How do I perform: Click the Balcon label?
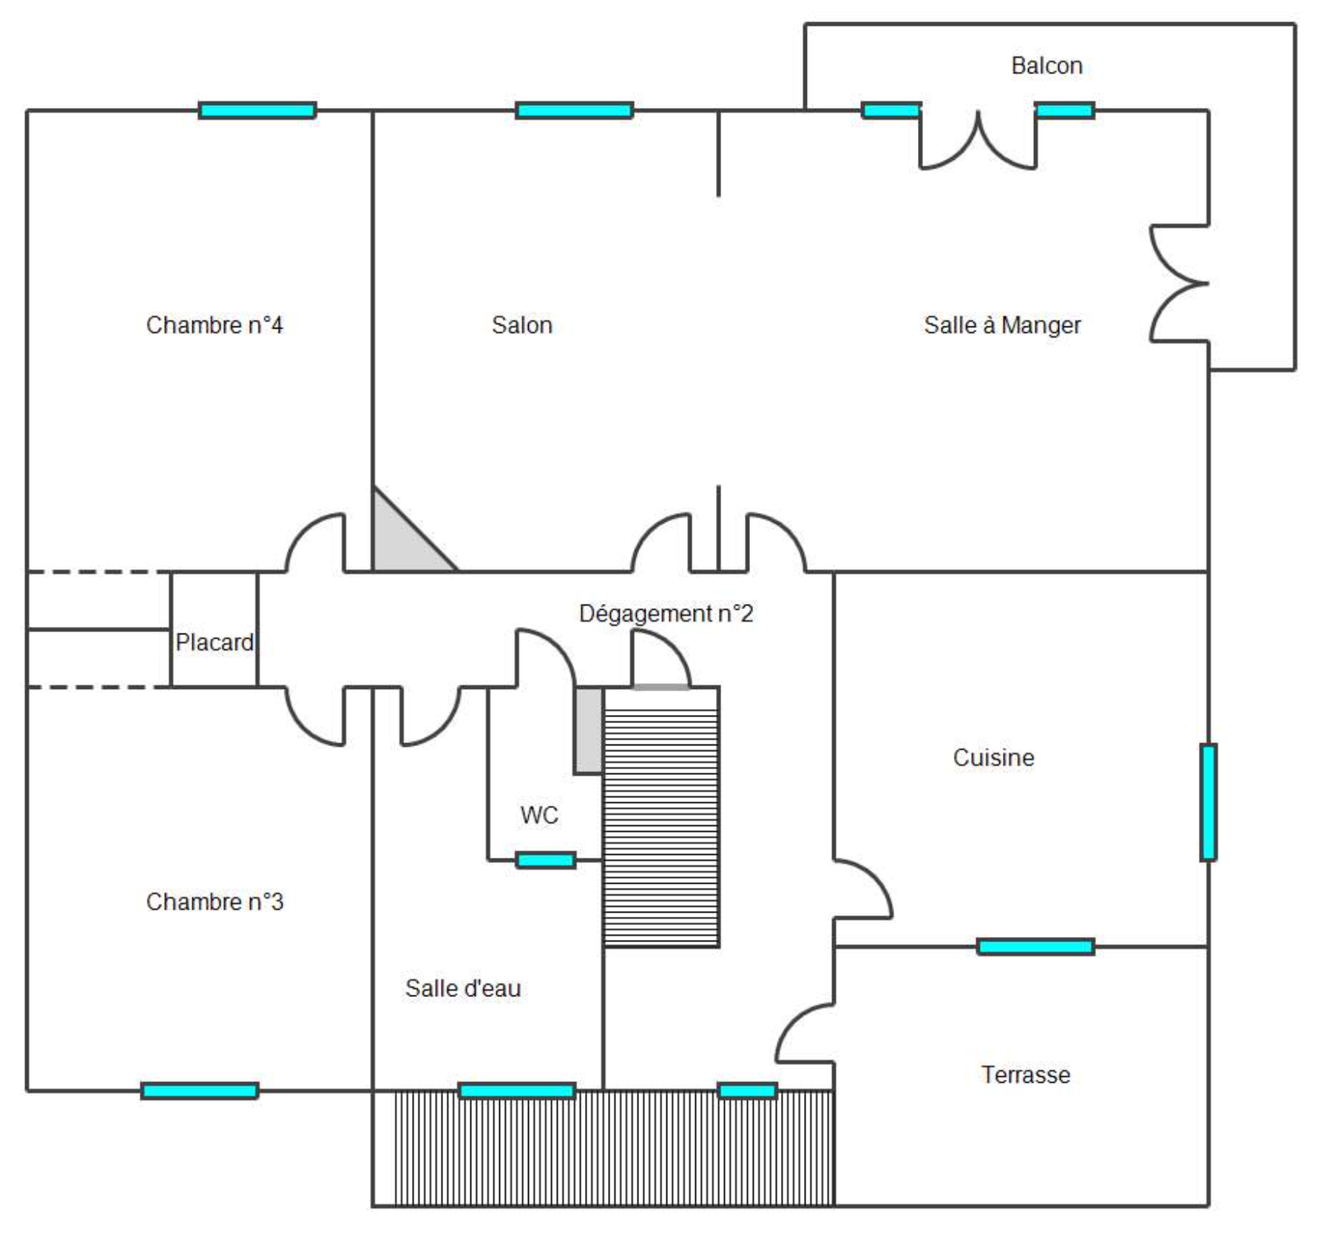click(1047, 66)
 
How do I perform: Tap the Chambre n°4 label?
click(214, 325)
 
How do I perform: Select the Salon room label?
click(522, 325)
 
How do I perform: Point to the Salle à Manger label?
click(1002, 325)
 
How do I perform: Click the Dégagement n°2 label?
click(666, 614)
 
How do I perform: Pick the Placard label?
click(214, 642)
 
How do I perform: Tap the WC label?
click(539, 815)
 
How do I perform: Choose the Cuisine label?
click(993, 758)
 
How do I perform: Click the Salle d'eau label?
click(463, 988)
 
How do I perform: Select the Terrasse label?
click(1026, 1075)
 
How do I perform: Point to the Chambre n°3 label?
click(214, 901)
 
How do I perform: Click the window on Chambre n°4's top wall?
click(257, 111)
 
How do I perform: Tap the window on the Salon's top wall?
click(575, 111)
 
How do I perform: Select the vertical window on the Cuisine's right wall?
click(1209, 802)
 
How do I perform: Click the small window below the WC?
click(546, 860)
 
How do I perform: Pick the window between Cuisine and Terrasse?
click(1035, 947)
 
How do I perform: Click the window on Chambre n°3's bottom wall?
click(200, 1091)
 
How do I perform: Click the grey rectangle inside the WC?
click(589, 730)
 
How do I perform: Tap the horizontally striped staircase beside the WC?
click(661, 817)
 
